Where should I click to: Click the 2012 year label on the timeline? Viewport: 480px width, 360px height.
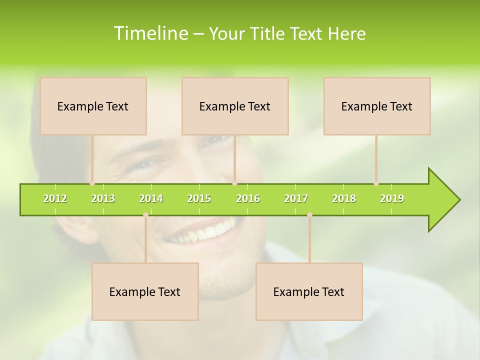pos(55,198)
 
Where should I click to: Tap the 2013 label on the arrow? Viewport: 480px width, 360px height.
pos(103,198)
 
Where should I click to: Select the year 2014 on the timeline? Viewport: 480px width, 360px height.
pos(151,198)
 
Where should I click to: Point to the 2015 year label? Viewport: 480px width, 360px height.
pos(199,198)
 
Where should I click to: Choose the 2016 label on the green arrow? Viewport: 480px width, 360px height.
pos(248,198)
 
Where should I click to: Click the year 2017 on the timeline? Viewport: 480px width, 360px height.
pos(296,198)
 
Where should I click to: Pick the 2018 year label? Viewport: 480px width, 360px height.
pos(344,198)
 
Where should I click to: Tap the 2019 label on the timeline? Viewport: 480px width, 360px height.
pos(392,198)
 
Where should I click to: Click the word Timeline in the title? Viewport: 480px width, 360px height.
pos(150,33)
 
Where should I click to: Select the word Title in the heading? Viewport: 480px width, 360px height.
pos(268,33)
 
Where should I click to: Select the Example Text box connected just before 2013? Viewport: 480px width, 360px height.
pos(93,106)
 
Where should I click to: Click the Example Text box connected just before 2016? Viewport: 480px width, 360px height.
pos(235,106)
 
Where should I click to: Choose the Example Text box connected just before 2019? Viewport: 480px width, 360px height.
pos(377,106)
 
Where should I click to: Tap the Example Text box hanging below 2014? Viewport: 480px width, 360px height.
pos(145,291)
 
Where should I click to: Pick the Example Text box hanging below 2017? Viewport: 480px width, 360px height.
pos(309,291)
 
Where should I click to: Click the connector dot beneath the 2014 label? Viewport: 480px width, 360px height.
pos(145,214)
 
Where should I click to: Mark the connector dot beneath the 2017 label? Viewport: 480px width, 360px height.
pos(309,214)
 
